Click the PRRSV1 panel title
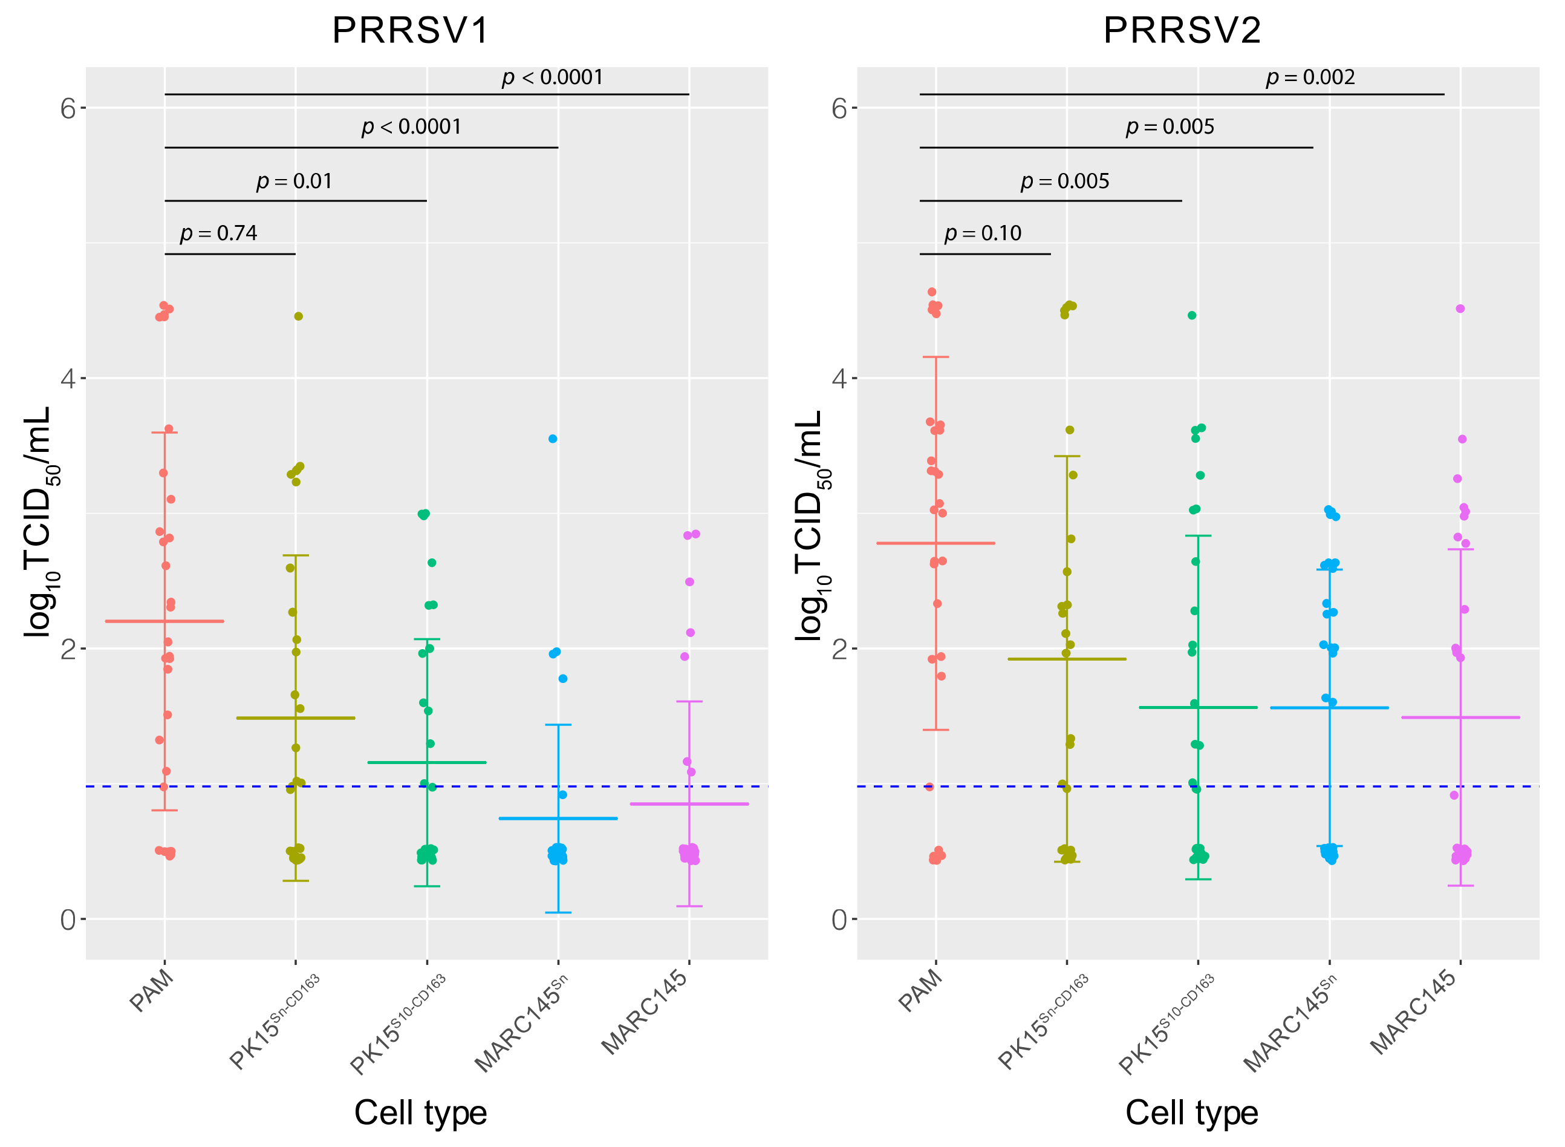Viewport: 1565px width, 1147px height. point(411,30)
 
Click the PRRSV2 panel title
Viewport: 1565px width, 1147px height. point(1182,30)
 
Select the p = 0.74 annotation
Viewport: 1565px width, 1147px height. point(219,234)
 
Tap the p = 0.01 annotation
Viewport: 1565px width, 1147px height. point(294,181)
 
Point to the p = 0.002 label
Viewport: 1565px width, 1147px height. point(1310,77)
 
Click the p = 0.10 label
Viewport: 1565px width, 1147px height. point(983,234)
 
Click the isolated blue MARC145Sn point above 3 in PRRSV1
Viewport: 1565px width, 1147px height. point(553,439)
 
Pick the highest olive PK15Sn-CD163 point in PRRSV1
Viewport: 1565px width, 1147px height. point(298,316)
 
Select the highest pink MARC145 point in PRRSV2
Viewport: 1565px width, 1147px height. point(1460,309)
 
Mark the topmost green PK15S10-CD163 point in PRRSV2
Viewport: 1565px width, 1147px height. point(1192,315)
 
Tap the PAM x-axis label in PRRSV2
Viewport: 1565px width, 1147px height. point(921,991)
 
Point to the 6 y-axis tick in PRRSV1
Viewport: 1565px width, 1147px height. point(67,108)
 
